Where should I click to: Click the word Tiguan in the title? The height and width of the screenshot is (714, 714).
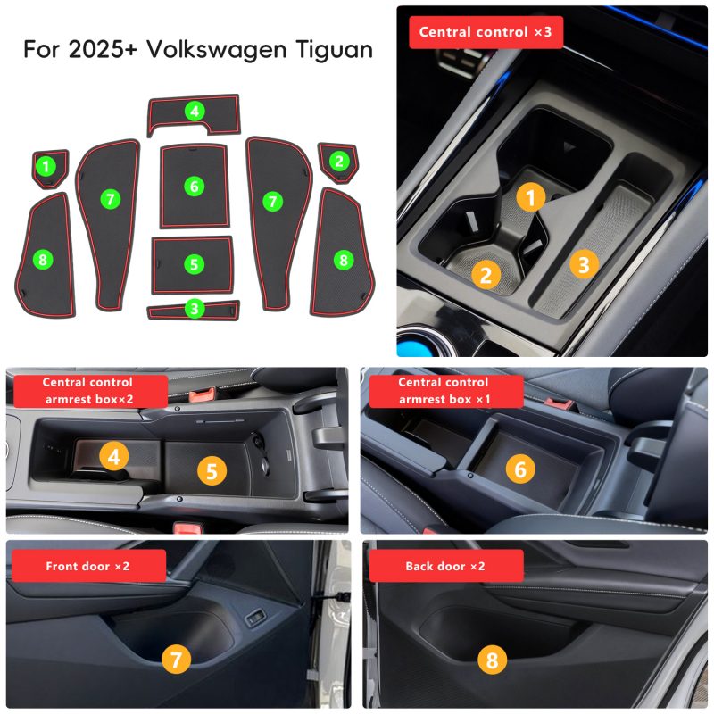point(334,50)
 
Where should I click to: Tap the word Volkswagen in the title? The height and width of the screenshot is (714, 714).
point(216,50)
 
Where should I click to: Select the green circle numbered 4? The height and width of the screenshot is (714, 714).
point(195,111)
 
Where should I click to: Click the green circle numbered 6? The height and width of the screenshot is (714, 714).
point(195,186)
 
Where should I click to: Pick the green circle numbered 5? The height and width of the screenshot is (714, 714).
point(194,264)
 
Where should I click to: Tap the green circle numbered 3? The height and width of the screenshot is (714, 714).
point(195,309)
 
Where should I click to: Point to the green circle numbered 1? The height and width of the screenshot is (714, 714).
point(46,166)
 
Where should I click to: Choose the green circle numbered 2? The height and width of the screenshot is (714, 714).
point(339,161)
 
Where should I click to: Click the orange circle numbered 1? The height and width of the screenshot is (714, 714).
point(530,197)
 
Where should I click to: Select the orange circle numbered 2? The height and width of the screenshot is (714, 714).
point(486,275)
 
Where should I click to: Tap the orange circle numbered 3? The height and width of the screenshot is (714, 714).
point(584,264)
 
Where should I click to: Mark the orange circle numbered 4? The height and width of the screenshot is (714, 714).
point(114,457)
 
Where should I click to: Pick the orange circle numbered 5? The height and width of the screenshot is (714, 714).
point(212,471)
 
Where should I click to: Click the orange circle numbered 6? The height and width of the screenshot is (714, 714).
point(520,469)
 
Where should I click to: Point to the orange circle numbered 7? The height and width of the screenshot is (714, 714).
point(176,659)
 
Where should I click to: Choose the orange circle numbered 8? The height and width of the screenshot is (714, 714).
point(493,660)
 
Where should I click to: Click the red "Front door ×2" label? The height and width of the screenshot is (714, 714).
point(88,566)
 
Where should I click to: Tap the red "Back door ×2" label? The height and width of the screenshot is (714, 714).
point(446,566)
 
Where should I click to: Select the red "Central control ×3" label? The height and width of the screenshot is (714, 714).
point(486,32)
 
